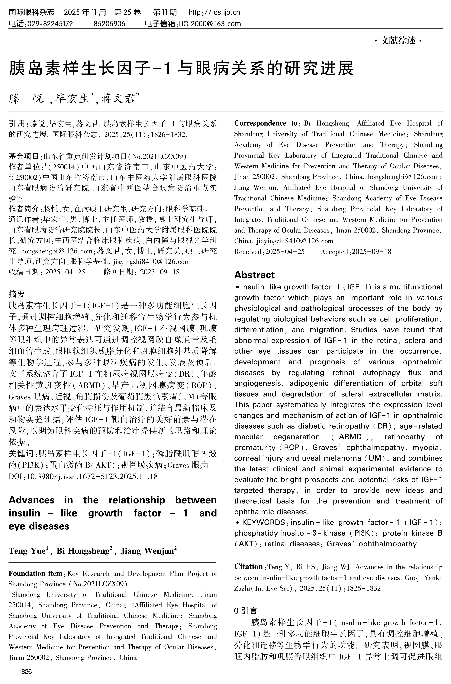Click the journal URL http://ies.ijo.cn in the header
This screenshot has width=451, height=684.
(214, 12)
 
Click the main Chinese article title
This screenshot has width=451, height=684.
(181, 68)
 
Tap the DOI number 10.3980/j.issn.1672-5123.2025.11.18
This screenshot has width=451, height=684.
(92, 476)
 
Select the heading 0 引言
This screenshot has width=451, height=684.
(245, 610)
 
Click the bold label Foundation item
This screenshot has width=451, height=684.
(35, 574)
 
